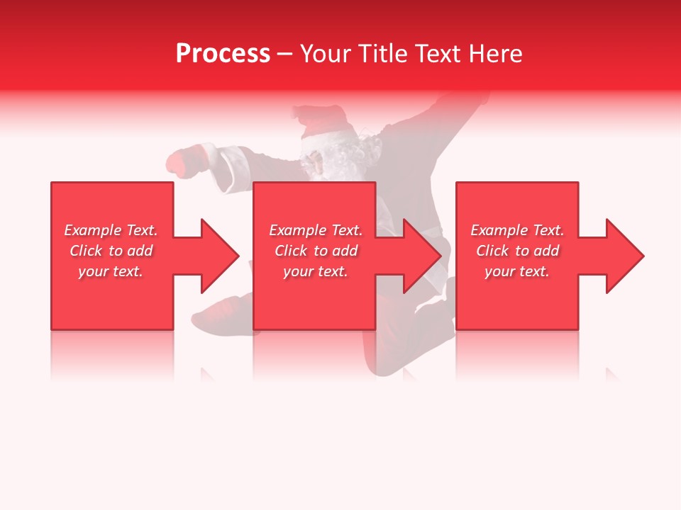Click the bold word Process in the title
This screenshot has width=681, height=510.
[223, 54]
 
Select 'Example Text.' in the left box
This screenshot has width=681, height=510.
[111, 230]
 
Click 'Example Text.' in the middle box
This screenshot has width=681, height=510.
[316, 230]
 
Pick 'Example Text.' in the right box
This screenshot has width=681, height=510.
[517, 230]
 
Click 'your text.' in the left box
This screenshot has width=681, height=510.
[111, 271]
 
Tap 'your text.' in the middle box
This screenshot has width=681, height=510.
[316, 271]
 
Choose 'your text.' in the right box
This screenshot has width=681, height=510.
[517, 271]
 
